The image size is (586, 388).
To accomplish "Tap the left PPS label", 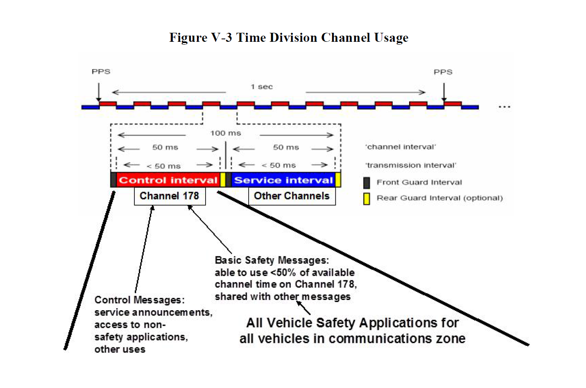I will [x=101, y=72].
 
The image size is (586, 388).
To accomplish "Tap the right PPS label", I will [x=443, y=72].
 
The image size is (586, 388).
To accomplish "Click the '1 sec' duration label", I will [x=262, y=87].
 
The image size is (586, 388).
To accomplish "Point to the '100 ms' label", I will [x=226, y=133].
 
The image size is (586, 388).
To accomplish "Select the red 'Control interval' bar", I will [x=168, y=180].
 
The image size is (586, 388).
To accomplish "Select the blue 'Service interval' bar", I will [x=283, y=180].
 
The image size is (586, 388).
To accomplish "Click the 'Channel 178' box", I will [x=170, y=196].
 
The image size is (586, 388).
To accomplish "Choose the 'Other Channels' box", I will [x=292, y=196].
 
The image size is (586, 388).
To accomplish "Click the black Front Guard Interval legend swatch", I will [x=367, y=183].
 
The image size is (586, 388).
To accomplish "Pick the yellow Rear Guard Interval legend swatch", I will [x=367, y=199].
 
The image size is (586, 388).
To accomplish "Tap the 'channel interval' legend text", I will [x=400, y=147].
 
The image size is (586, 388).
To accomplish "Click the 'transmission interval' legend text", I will [x=410, y=166].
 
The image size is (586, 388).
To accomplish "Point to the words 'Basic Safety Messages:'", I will [x=272, y=261].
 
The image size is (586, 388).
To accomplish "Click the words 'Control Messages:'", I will [x=139, y=300].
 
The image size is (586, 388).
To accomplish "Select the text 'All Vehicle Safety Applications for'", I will [x=352, y=323].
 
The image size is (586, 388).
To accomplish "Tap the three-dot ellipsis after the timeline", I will [x=504, y=107].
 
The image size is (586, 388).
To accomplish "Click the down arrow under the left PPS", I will [x=99, y=92].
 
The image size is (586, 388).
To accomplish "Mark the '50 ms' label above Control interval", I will [x=165, y=147].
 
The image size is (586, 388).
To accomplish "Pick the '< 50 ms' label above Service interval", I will [x=278, y=166].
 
